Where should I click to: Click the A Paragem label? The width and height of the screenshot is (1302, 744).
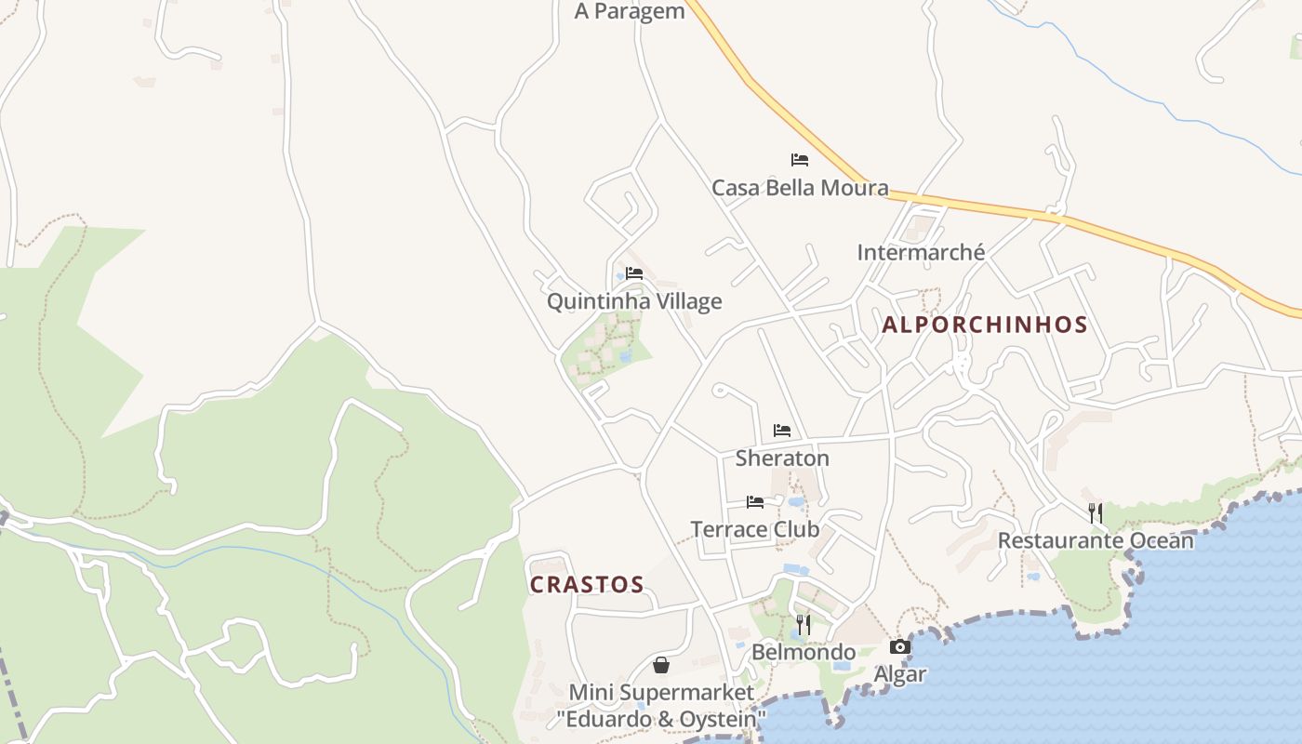click(630, 11)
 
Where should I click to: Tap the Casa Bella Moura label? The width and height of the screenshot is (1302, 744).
click(800, 188)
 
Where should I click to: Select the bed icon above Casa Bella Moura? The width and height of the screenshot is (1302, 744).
click(800, 160)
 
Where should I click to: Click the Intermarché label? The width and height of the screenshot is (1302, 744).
click(921, 252)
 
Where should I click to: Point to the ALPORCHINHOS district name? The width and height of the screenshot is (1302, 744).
click(985, 325)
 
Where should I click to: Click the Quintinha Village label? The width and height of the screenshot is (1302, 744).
click(634, 301)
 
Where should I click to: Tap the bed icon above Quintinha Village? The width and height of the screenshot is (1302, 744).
click(634, 273)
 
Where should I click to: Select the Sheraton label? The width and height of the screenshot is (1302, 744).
click(782, 458)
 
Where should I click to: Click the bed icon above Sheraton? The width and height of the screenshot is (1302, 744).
click(782, 431)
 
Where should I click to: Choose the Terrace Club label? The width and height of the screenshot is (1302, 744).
click(755, 529)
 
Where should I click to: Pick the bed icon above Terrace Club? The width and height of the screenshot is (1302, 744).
click(755, 502)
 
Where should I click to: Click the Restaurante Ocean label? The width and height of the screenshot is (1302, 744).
click(1096, 540)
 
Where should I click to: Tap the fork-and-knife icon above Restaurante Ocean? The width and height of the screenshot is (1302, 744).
click(1096, 512)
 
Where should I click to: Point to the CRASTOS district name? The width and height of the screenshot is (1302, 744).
click(587, 585)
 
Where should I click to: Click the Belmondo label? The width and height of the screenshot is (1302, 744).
click(804, 652)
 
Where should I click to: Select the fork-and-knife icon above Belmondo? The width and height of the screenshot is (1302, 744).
click(804, 624)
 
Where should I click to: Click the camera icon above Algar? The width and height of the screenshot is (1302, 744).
click(900, 646)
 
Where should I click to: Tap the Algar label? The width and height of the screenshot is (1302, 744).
click(900, 674)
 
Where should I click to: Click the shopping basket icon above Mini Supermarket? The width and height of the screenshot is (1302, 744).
click(661, 665)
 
